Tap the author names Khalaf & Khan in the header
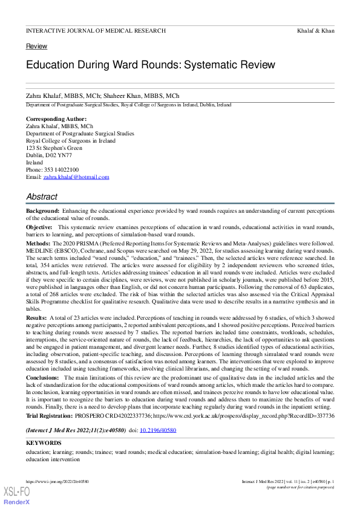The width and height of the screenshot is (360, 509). [316, 30]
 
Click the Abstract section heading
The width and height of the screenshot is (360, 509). [42, 197]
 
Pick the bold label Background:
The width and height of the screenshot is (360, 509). [44, 211]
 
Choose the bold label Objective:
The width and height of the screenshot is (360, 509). [39, 227]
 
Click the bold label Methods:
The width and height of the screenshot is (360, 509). [38, 242]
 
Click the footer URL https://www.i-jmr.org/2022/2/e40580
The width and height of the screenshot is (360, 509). [57, 482]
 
